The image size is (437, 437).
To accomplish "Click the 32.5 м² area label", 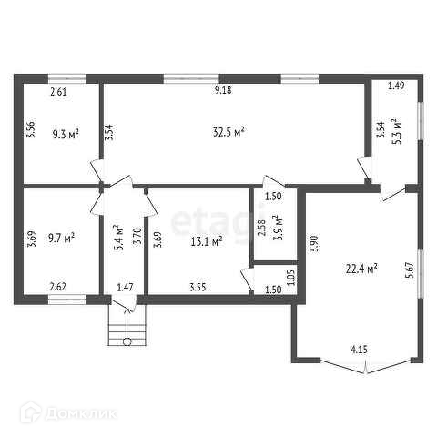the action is click(x=229, y=132).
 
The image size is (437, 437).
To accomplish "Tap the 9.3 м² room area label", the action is click(x=66, y=134).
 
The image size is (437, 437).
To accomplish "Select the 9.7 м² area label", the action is click(x=62, y=239).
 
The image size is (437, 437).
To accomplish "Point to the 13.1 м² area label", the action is click(x=207, y=241).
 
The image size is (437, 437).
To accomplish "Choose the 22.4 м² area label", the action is click(x=361, y=269).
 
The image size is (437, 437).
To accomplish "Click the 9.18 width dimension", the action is click(x=223, y=90).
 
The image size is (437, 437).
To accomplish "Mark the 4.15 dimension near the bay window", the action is click(x=359, y=350).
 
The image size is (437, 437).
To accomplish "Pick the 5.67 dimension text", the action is click(x=410, y=269).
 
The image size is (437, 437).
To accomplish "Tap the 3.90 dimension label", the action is click(x=315, y=243).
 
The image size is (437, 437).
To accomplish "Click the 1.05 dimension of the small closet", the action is click(x=291, y=278).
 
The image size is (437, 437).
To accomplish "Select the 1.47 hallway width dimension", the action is click(x=125, y=287).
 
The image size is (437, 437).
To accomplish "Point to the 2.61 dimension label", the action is click(x=58, y=92).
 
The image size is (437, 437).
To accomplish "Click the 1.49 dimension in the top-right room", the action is click(x=396, y=86).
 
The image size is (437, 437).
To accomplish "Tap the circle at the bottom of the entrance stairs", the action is click(x=127, y=341).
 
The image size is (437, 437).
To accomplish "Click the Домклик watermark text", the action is click(x=81, y=413).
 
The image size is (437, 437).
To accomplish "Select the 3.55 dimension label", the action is click(x=198, y=287).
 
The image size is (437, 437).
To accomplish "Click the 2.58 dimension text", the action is click(x=261, y=228).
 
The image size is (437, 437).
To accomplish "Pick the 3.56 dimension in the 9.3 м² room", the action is click(x=31, y=129).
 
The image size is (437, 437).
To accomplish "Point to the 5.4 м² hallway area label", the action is click(x=118, y=238).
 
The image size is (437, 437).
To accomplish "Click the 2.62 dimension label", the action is click(x=57, y=287).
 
